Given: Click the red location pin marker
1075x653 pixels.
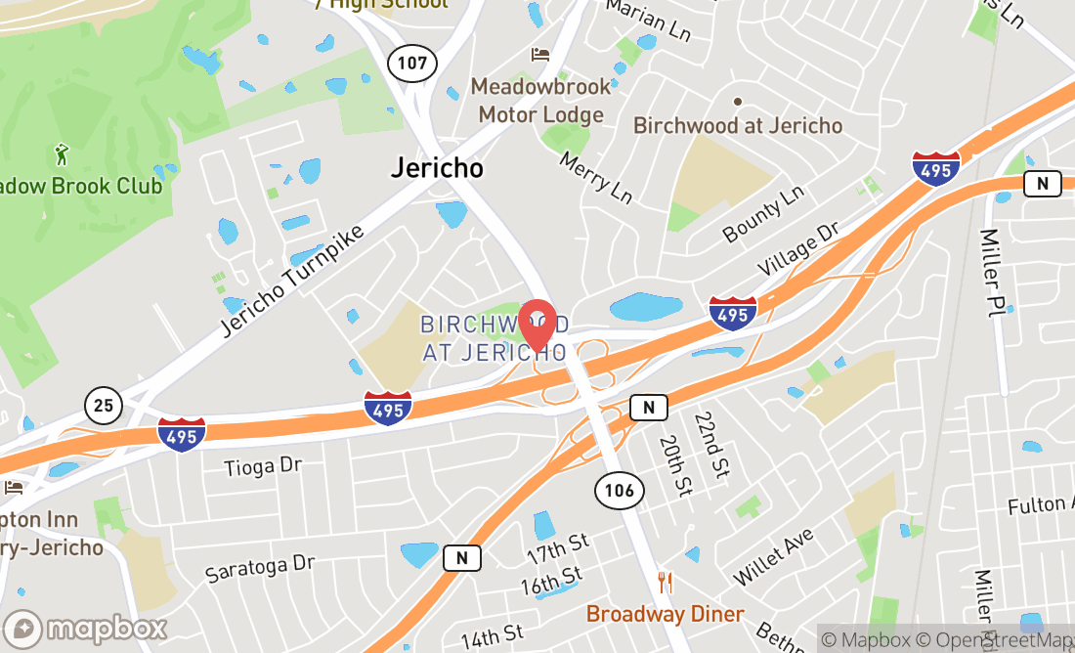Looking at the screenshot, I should [x=537, y=326].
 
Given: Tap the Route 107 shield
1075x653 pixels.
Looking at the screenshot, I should [x=411, y=64].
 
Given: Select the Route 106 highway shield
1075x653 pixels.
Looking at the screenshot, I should [x=619, y=490].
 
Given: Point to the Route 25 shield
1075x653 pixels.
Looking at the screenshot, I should [x=103, y=405].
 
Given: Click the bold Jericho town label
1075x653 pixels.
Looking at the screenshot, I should [x=437, y=167].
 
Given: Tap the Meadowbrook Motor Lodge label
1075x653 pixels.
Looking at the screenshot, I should [x=540, y=101].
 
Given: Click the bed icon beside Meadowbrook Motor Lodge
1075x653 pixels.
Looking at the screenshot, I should [x=540, y=55].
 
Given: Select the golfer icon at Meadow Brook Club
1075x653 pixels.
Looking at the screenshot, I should [x=62, y=153].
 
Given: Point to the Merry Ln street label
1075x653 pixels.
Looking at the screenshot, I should [x=596, y=176].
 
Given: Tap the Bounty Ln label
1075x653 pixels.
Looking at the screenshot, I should [x=762, y=216].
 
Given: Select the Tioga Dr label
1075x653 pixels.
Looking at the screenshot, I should [x=263, y=466].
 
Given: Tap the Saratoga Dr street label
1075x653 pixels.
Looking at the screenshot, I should [x=260, y=568].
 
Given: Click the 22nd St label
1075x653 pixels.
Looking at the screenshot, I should [x=712, y=445].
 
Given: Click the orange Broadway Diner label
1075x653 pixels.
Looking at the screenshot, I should [x=666, y=614].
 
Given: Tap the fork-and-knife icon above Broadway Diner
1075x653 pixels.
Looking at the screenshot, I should [x=666, y=584].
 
